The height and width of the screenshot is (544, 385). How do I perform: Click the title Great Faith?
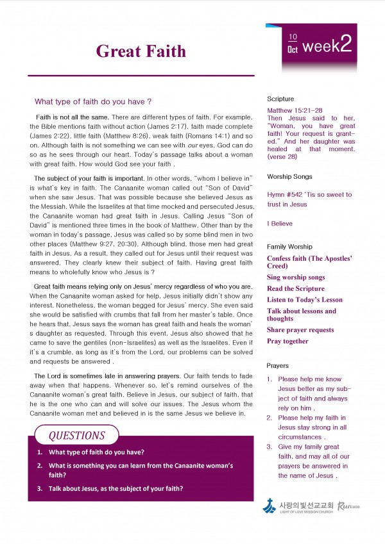(141, 51)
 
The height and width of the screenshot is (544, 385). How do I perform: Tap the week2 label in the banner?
(327, 45)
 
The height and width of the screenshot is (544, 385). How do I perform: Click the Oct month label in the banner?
(293, 49)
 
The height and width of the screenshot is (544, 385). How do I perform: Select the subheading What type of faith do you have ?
(93, 101)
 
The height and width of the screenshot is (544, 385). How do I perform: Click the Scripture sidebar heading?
(280, 99)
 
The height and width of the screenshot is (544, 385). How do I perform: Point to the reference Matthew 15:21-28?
(295, 110)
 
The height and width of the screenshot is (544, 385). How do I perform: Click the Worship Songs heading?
(289, 176)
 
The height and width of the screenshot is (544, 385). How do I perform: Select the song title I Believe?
(280, 224)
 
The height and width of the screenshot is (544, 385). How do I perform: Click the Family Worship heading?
(289, 247)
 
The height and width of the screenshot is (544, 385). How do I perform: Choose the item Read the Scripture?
(296, 289)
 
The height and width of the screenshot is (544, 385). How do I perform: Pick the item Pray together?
(287, 342)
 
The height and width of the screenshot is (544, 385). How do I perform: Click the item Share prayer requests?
(300, 330)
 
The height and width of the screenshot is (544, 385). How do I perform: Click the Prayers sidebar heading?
(278, 365)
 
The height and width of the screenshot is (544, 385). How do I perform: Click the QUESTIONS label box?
(76, 436)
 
